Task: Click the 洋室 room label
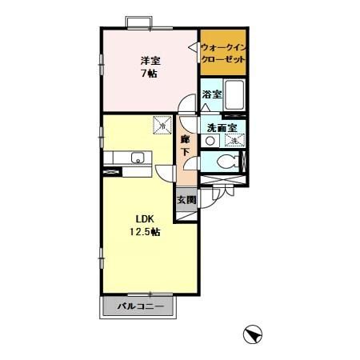point(149,60)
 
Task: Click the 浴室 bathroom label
point(211,95)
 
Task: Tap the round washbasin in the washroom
point(210,141)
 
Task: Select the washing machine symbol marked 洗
point(235,140)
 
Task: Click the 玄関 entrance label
point(186,199)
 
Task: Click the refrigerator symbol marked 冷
point(162,126)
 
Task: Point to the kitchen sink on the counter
point(138,156)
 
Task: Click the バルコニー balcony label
point(140,306)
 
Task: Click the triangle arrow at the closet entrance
point(192,48)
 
